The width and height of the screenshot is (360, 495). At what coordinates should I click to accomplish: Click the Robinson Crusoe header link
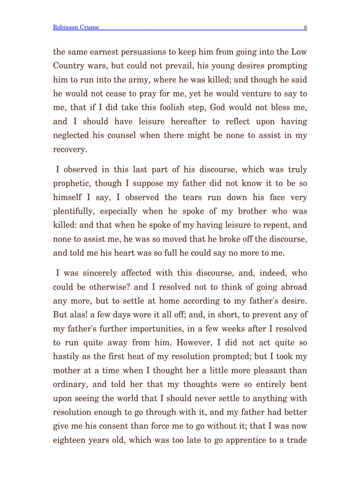pos(75,27)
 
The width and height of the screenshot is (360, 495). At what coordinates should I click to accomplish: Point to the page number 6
pos(305,27)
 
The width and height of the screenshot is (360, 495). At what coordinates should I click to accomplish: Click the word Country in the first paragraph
pos(66,66)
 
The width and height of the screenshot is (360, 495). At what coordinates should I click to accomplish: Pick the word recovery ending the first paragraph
pos(69,149)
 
